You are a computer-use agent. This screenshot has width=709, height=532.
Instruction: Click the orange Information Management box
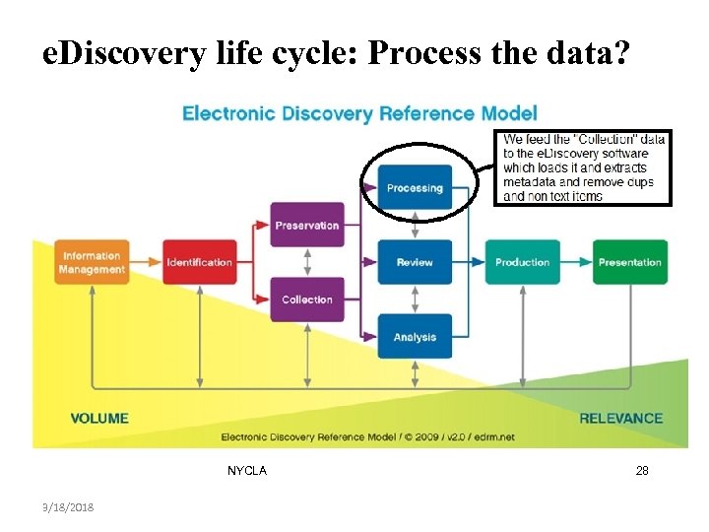[x=92, y=262]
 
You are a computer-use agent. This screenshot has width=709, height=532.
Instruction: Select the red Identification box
[x=199, y=262]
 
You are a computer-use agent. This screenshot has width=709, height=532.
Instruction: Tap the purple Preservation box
[x=307, y=225]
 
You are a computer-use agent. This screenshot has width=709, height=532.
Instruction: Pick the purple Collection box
[x=307, y=299]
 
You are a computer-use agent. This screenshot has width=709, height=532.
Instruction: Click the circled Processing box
[x=415, y=187]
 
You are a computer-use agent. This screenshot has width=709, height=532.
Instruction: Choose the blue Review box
[x=415, y=262]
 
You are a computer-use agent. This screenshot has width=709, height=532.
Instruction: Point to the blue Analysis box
[x=415, y=337]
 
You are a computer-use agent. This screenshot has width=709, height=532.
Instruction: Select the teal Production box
[x=522, y=262]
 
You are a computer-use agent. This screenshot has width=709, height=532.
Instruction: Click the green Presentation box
[x=629, y=262]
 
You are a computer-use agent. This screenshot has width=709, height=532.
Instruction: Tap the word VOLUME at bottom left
[x=99, y=418]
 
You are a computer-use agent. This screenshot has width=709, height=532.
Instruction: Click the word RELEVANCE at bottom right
[x=620, y=418]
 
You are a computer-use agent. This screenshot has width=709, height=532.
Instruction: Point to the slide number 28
[x=642, y=471]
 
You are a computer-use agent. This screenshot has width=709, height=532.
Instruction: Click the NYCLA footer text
[x=246, y=471]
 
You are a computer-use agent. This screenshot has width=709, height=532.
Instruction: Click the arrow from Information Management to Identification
[x=146, y=262]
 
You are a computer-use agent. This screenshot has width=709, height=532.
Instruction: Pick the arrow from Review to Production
[x=469, y=262]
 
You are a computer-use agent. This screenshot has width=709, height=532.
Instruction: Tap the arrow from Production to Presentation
[x=576, y=262]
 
